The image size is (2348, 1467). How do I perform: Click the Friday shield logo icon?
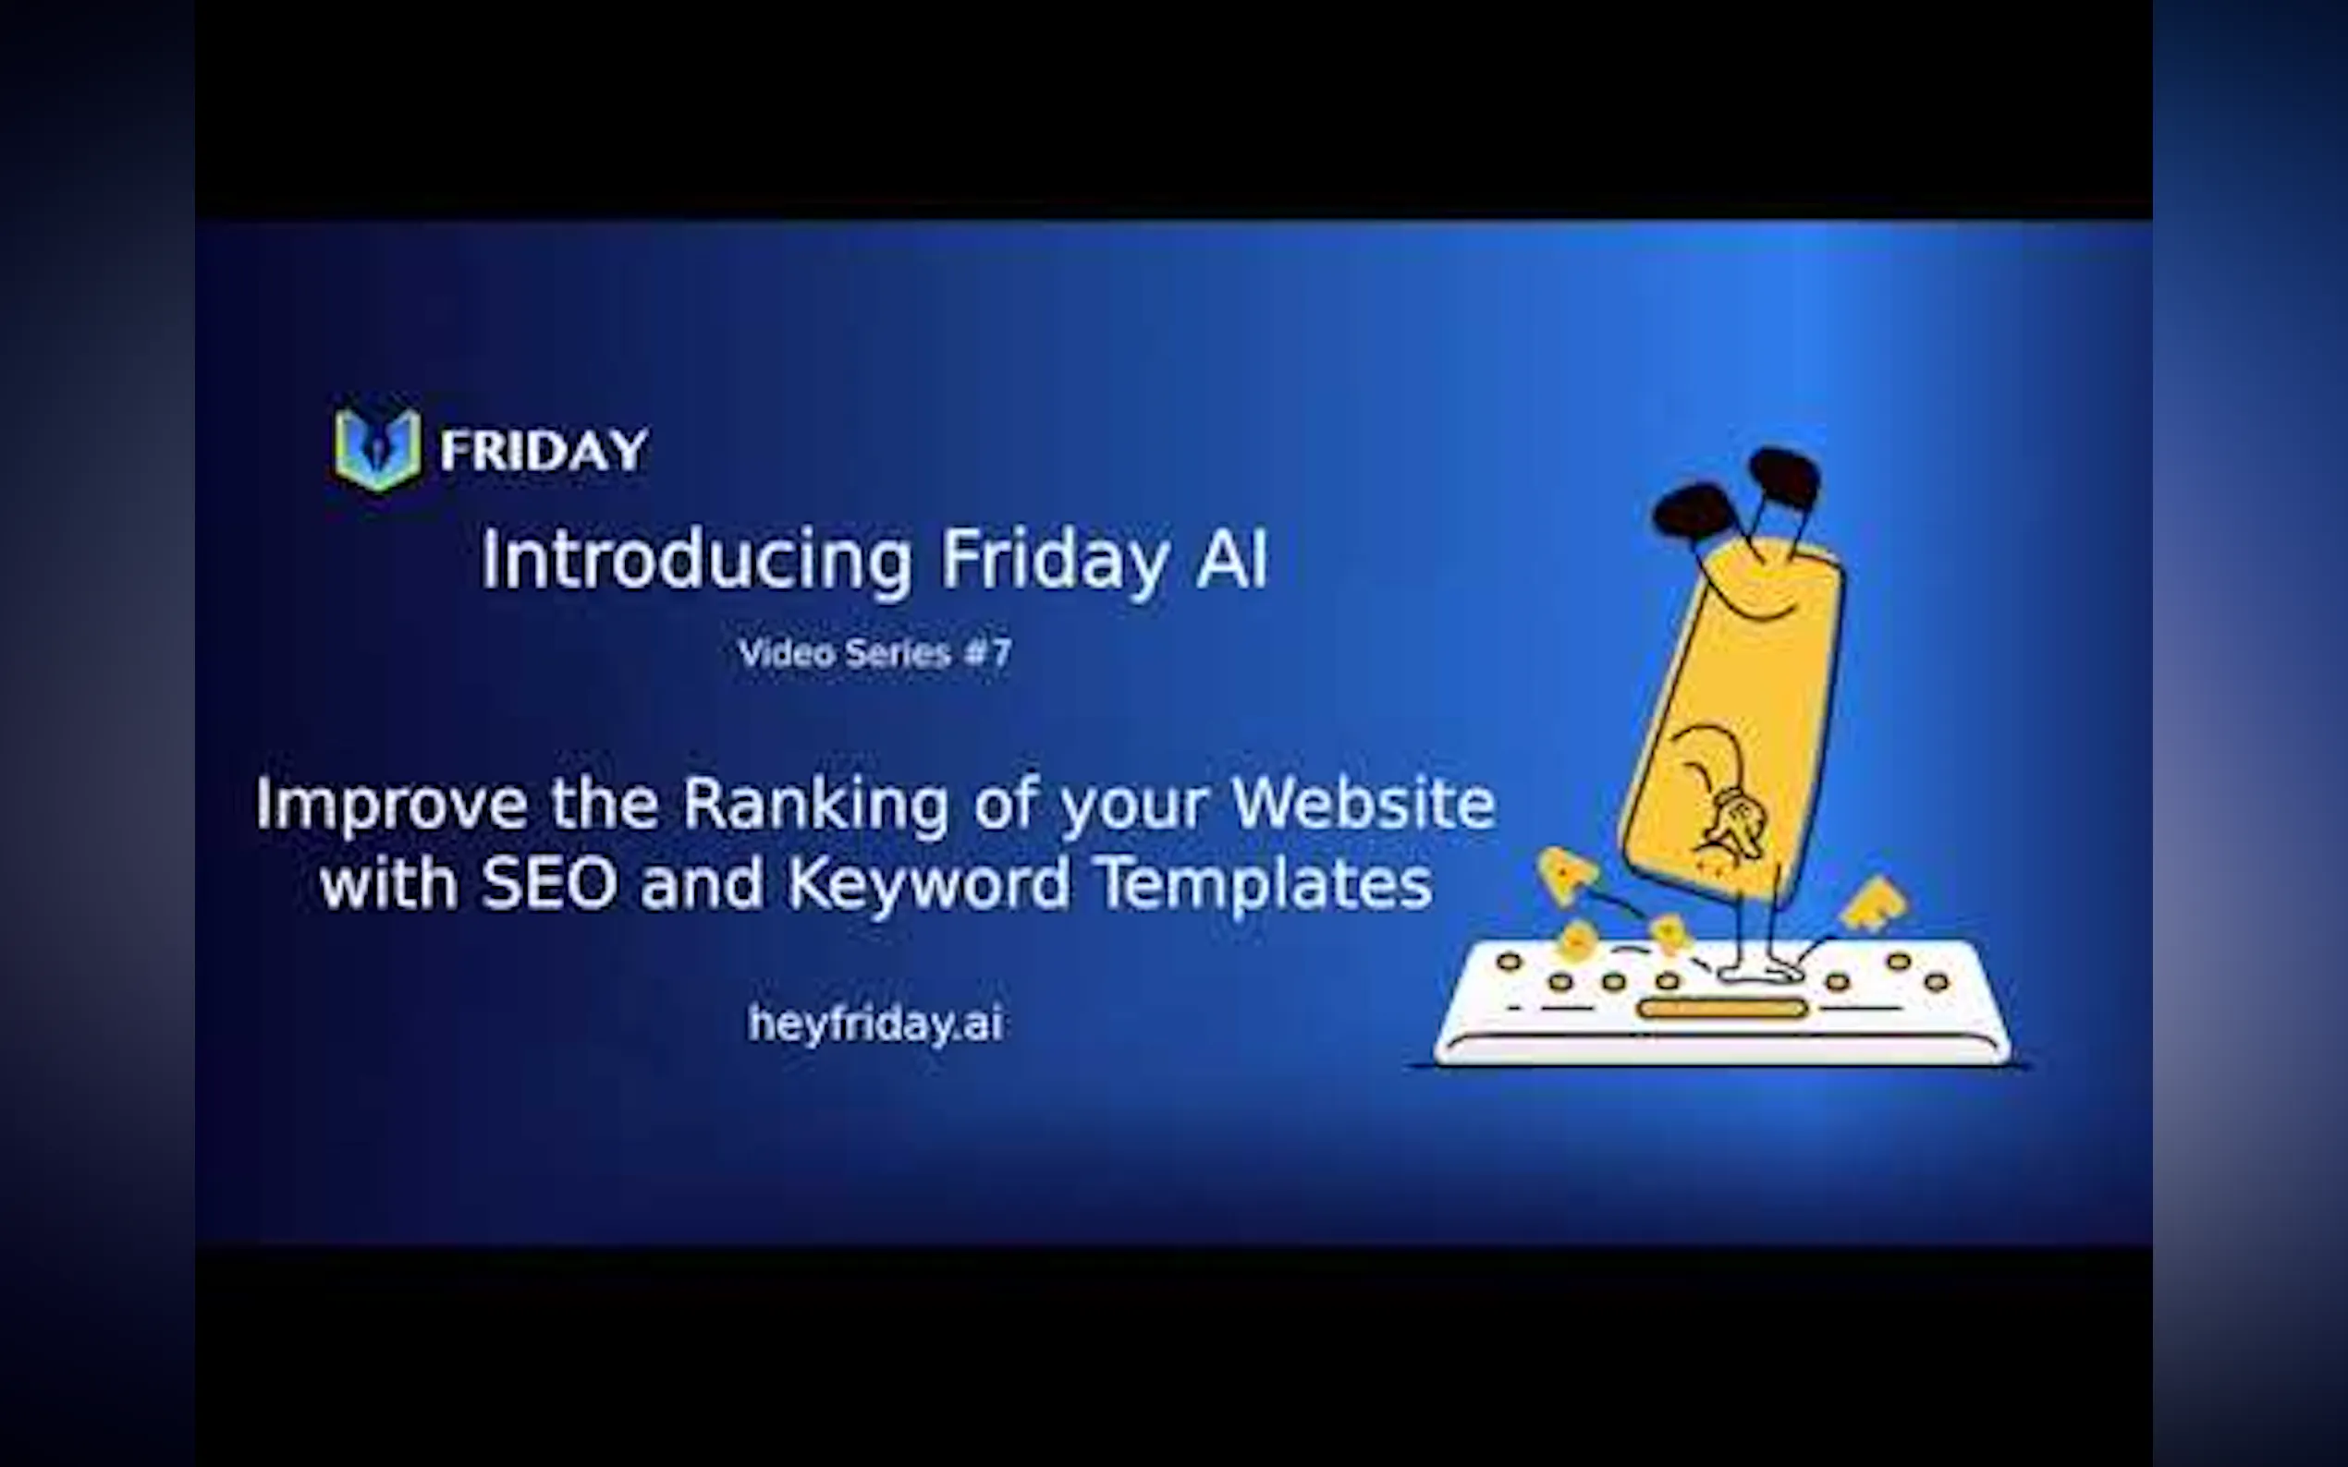[x=377, y=448]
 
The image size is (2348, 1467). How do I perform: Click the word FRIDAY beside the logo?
[x=544, y=450]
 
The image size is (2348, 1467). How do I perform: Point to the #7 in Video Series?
[x=987, y=653]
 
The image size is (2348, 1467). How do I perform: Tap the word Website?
[x=1363, y=804]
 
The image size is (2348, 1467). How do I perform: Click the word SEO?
[x=549, y=883]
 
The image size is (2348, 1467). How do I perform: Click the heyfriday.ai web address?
[x=875, y=1024]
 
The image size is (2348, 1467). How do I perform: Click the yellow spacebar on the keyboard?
[x=1722, y=1009]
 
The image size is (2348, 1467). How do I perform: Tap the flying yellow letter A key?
[x=1564, y=873]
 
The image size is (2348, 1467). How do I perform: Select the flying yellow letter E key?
[x=1874, y=903]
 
